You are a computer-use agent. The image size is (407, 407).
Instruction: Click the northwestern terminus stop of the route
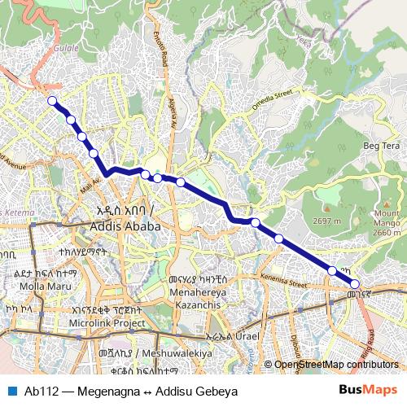tap(52, 101)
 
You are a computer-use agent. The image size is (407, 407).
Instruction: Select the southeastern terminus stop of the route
tap(355, 284)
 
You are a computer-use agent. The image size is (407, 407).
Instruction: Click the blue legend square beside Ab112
tap(11, 389)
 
